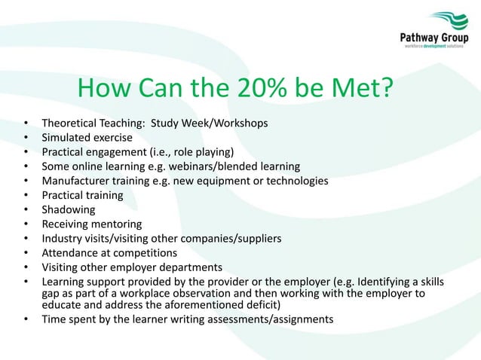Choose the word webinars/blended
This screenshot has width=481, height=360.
223,166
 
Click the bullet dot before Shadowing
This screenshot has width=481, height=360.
26,210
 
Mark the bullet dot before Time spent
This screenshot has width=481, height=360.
26,320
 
